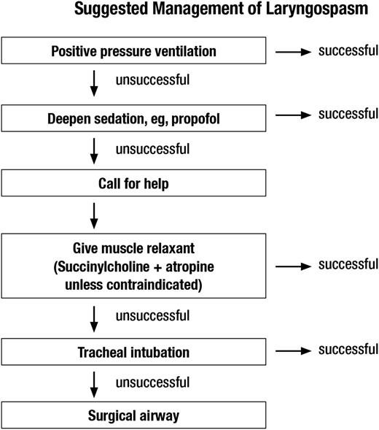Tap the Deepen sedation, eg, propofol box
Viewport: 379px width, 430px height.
pos(134,116)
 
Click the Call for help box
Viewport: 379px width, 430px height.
pos(134,183)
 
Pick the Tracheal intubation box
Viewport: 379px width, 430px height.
pos(134,353)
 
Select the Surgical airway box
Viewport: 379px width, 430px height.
pos(134,417)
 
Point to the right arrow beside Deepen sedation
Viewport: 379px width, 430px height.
pos(294,115)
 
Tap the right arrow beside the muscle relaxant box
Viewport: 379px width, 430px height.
pos(294,264)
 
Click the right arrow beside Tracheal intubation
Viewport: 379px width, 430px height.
pos(294,352)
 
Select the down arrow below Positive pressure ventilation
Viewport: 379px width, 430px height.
pos(93,83)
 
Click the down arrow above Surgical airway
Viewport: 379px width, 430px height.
pos(93,384)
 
